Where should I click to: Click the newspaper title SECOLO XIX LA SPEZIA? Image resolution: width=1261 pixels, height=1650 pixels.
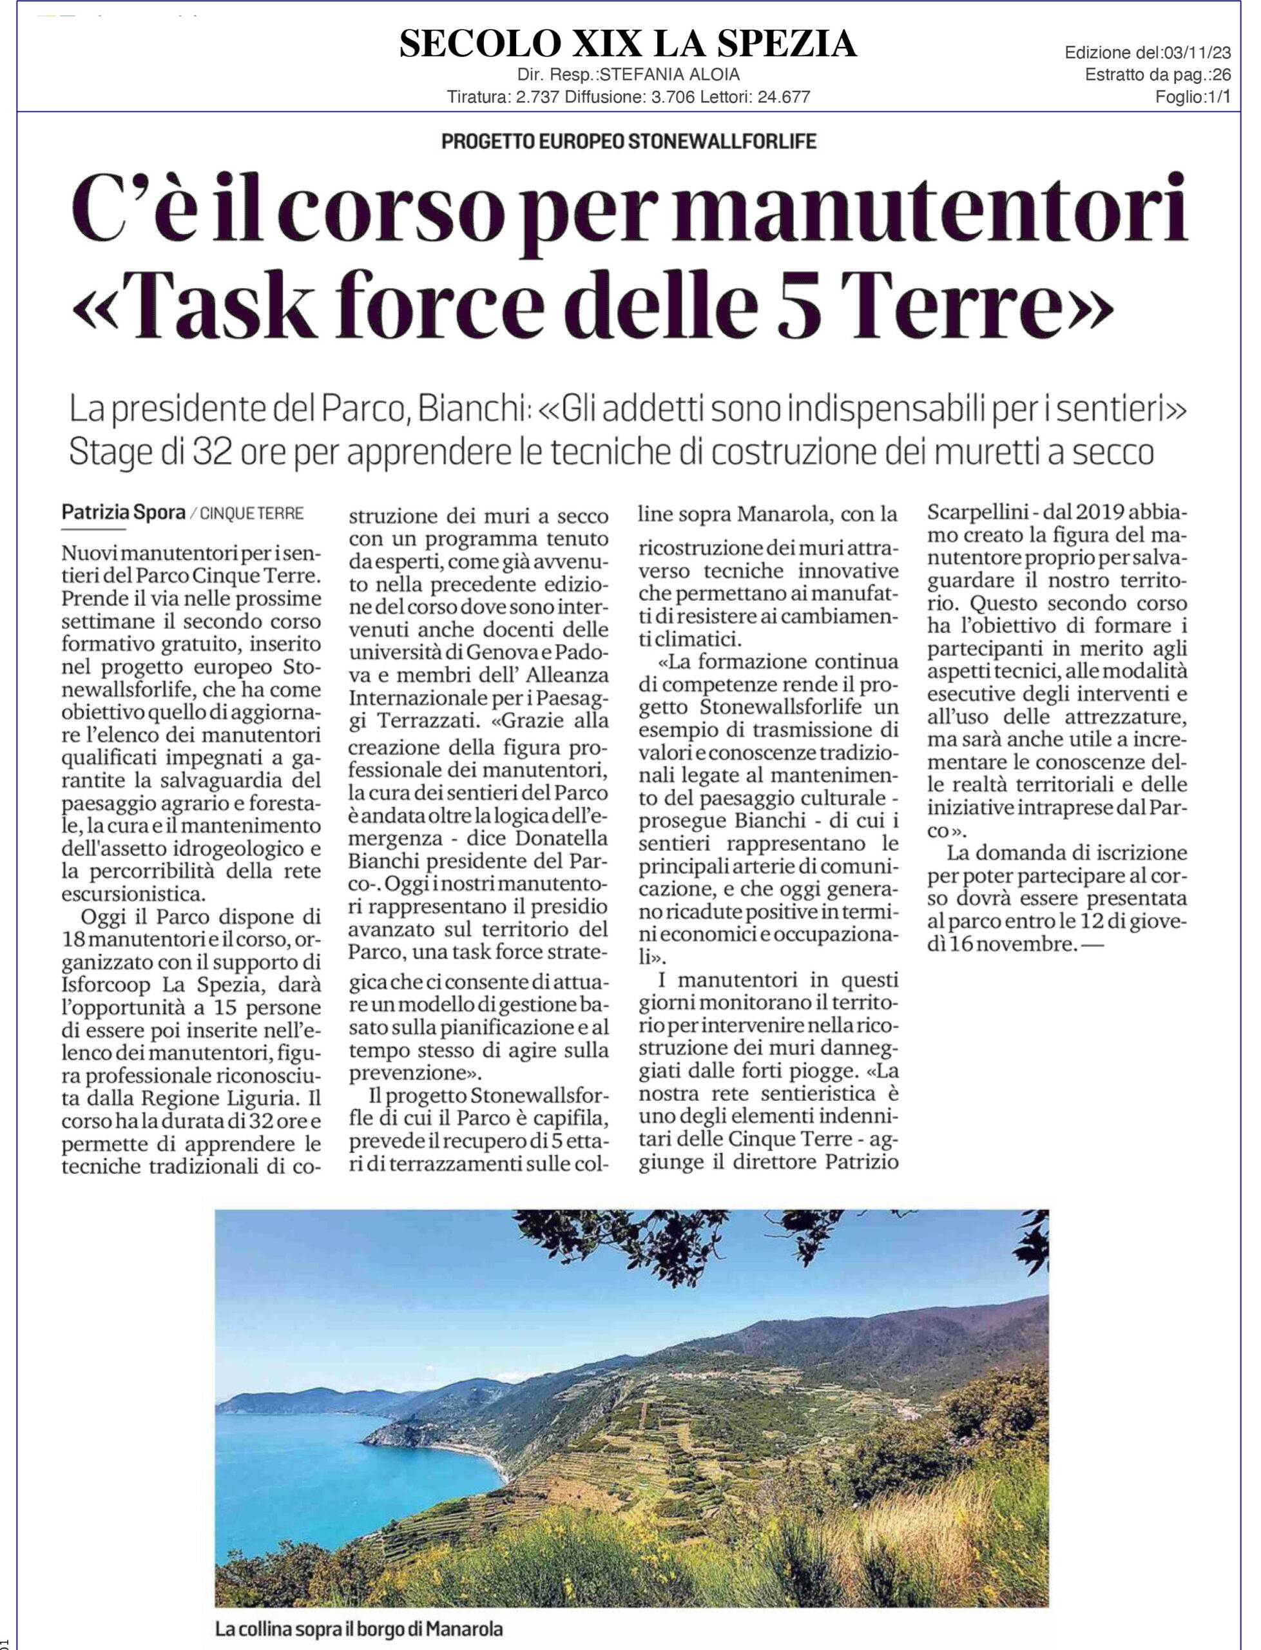point(628,44)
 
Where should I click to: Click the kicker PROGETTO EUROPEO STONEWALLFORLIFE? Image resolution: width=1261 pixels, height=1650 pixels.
point(628,141)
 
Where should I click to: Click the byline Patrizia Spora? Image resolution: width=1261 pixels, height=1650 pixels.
point(123,512)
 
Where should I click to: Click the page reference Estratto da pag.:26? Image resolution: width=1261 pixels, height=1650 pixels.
point(1157,75)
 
